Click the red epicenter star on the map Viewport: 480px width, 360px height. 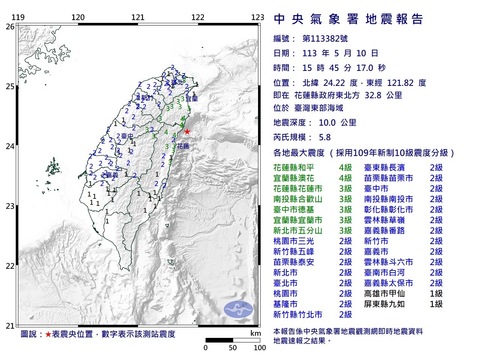click(x=186, y=131)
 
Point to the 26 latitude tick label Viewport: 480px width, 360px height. click(x=9, y=27)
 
